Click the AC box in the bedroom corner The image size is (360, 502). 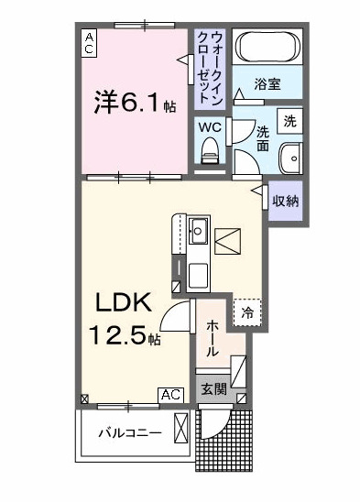pos(89,42)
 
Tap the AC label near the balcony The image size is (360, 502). pos(169,394)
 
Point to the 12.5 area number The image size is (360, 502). pos(118,335)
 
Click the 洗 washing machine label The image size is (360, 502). pos(289,121)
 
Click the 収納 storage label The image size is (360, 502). pos(285,200)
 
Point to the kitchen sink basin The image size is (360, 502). pos(198,229)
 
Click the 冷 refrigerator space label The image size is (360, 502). pos(247,313)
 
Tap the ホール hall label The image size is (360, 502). pos(213,338)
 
